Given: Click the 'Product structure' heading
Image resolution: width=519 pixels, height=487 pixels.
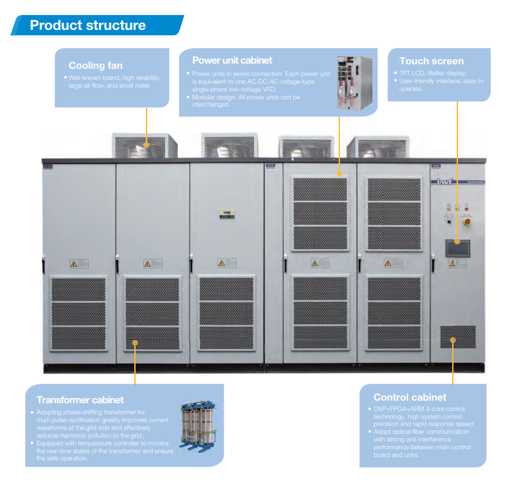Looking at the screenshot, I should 88,25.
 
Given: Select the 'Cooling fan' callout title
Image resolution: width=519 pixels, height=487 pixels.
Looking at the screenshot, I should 95,65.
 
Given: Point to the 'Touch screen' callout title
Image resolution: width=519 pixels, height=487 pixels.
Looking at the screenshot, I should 431,61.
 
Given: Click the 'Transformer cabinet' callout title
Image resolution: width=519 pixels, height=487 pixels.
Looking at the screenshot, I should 80,400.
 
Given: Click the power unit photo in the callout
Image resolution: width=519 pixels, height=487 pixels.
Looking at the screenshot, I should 356,82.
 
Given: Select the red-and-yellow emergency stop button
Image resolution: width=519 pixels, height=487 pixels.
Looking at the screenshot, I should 466,222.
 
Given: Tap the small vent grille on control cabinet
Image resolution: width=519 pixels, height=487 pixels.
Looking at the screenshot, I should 457,336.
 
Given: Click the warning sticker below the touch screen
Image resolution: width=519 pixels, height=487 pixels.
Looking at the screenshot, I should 457,263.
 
